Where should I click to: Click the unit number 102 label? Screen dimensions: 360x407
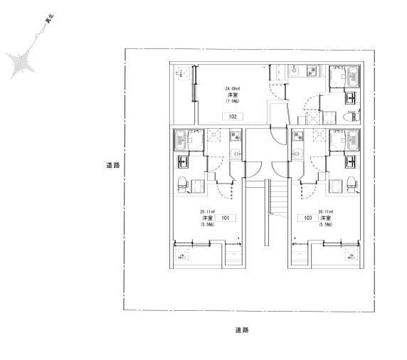pyautogui.click(x=232, y=116)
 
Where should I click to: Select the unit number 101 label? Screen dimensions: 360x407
pyautogui.click(x=224, y=218)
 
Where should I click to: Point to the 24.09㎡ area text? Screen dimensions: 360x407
pyautogui.click(x=232, y=88)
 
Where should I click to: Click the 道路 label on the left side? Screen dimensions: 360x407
pyautogui.click(x=112, y=165)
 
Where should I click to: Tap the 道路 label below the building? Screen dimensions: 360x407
pyautogui.click(x=241, y=330)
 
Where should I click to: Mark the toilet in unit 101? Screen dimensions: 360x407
pyautogui.click(x=182, y=182)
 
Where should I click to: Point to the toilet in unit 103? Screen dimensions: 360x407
pyautogui.click(x=351, y=182)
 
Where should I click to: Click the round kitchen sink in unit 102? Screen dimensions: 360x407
pyautogui.click(x=294, y=70)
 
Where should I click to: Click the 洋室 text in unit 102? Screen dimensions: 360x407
pyautogui.click(x=232, y=95)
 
